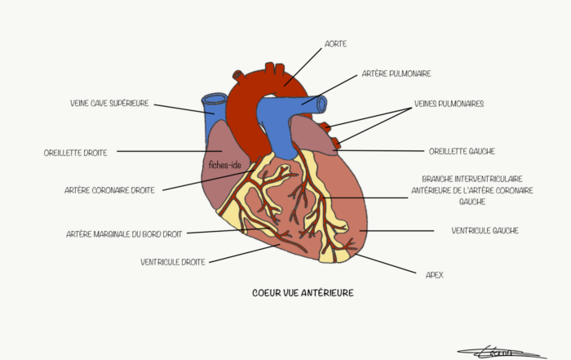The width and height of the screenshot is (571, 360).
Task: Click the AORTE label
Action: [x=335, y=44]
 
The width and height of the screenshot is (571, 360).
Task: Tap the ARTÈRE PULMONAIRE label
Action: [x=396, y=73]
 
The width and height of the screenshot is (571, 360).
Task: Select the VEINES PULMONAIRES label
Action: [x=449, y=104]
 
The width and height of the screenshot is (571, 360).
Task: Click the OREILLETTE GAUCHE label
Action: [x=462, y=151]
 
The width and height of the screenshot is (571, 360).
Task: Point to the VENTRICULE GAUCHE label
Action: [x=485, y=231]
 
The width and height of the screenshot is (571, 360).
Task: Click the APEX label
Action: [x=435, y=275]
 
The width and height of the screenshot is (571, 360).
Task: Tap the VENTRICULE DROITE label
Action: [x=173, y=262]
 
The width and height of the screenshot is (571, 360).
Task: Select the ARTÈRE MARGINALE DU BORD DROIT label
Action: [x=124, y=234]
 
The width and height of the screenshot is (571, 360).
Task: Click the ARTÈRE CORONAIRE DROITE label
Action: [x=109, y=190]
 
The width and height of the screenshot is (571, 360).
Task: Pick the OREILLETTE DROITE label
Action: [x=75, y=153]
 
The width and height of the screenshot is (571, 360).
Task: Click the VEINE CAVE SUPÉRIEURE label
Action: [x=109, y=104]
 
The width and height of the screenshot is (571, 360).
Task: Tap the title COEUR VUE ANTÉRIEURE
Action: [x=303, y=293]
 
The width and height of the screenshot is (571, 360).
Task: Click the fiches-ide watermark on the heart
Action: [x=225, y=165]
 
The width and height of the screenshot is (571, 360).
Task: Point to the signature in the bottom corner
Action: [x=502, y=353]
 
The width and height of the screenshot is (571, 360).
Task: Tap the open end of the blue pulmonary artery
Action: [x=322, y=104]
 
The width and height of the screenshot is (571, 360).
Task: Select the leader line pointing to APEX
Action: [x=385, y=264]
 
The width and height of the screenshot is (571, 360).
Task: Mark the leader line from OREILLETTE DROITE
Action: [x=170, y=151]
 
